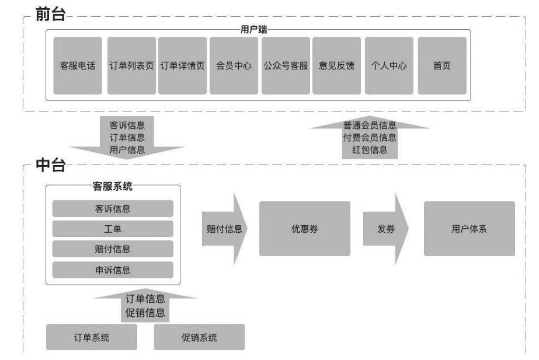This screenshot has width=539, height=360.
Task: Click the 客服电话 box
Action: pyautogui.click(x=77, y=66)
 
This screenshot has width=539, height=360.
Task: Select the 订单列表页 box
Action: pyautogui.click(x=131, y=66)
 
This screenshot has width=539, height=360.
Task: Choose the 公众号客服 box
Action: pyautogui.click(x=285, y=66)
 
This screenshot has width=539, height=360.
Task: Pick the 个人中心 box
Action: pyautogui.click(x=389, y=66)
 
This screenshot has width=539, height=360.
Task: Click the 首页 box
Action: pyautogui.click(x=441, y=66)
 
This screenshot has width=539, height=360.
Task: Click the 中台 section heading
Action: pyautogui.click(x=51, y=166)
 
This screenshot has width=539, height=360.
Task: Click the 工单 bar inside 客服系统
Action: pyautogui.click(x=113, y=229)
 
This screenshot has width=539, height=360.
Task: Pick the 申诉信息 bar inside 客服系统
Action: pyautogui.click(x=113, y=270)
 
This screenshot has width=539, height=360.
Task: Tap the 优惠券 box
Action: pyautogui.click(x=304, y=229)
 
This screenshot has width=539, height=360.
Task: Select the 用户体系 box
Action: pyautogui.click(x=469, y=229)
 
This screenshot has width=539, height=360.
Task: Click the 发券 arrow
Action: pyautogui.click(x=387, y=229)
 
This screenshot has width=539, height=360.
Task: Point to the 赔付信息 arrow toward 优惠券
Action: pyautogui.click(x=224, y=229)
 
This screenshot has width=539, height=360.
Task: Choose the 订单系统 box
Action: pyautogui.click(x=91, y=337)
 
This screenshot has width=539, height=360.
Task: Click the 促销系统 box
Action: pyautogui.click(x=199, y=337)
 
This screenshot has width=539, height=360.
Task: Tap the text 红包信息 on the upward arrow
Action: pyautogui.click(x=369, y=149)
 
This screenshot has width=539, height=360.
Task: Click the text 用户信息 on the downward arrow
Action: pyautogui.click(x=127, y=149)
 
